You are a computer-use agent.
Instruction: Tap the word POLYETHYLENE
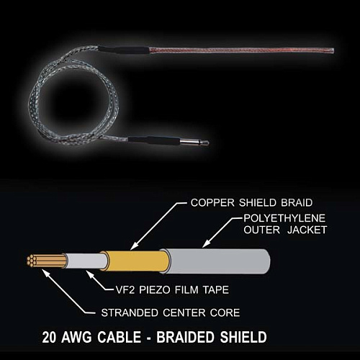coord(284,218)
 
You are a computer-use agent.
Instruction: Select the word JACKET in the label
coord(307,230)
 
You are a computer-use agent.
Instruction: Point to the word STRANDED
coord(130,312)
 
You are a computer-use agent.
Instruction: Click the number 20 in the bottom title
coord(49,337)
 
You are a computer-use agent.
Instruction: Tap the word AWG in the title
coord(76,337)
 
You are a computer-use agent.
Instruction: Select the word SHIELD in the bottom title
coord(243,337)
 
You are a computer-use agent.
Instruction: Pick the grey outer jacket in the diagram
coord(218,261)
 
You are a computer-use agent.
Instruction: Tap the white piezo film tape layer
coord(86,261)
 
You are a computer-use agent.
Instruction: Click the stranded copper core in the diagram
coord(45,261)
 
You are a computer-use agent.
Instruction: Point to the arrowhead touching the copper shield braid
coord(134,246)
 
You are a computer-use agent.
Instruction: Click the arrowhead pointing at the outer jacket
coord(205,244)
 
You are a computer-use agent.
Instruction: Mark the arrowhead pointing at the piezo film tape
coord(90,274)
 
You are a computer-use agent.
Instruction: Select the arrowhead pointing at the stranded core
coord(45,272)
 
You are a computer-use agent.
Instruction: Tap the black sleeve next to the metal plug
coord(154,140)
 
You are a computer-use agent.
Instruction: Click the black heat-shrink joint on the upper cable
coord(124,50)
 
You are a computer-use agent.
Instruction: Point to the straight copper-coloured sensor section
coord(241,50)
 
